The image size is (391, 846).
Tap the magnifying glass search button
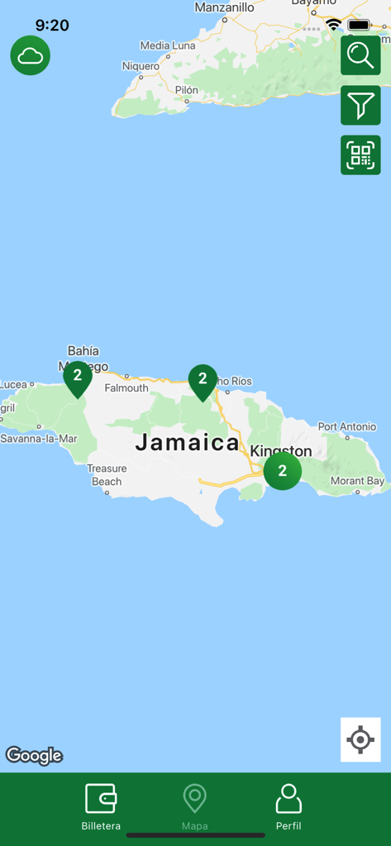(x=360, y=55)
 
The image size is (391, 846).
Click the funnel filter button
(x=360, y=105)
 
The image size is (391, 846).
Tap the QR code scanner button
(x=360, y=154)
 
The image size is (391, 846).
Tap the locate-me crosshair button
(x=360, y=739)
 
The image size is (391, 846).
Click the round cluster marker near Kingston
(x=283, y=471)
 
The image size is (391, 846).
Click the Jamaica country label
(x=188, y=443)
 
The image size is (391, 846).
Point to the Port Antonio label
(x=347, y=427)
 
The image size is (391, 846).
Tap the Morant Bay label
(x=357, y=481)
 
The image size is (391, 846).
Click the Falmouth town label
(x=126, y=388)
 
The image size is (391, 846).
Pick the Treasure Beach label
(x=107, y=475)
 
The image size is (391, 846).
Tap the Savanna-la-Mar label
(x=39, y=439)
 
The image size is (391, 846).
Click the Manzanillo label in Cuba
(x=224, y=7)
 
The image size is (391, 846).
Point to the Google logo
(x=35, y=755)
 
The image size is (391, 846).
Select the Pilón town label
(x=186, y=90)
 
